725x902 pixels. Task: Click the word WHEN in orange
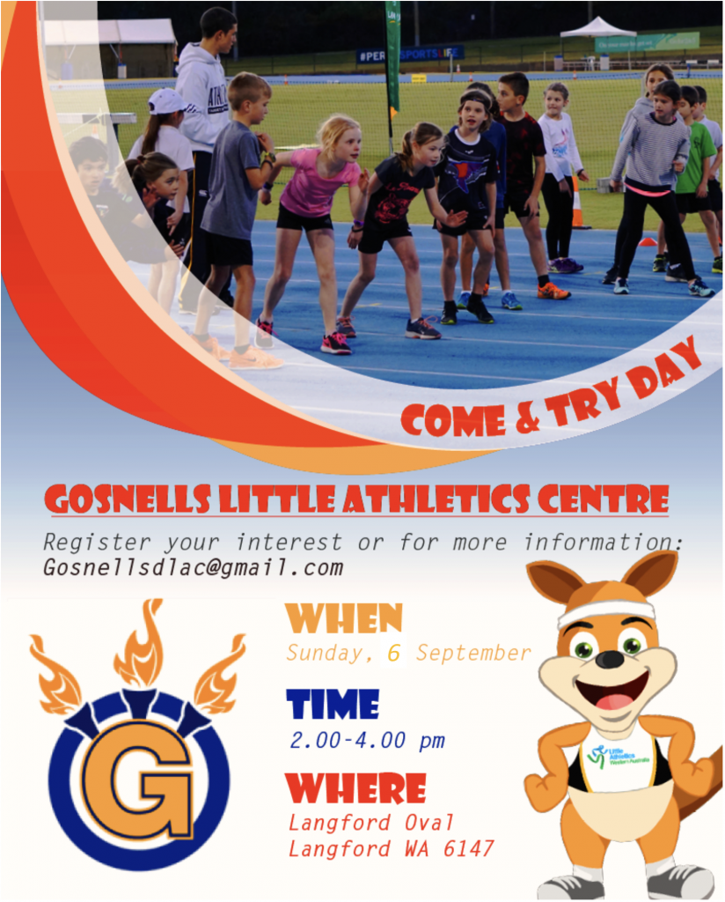(x=344, y=619)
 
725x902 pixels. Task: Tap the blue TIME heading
(x=333, y=705)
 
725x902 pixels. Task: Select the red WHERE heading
(x=356, y=788)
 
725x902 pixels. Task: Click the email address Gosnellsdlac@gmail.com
(x=193, y=568)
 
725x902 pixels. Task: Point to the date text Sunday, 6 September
(x=408, y=654)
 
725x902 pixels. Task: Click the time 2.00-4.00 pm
(x=367, y=740)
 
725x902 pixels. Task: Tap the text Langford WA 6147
(x=391, y=849)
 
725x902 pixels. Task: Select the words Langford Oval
(x=371, y=823)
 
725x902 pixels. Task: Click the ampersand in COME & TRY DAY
(x=527, y=417)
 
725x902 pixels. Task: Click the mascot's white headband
(x=606, y=610)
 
